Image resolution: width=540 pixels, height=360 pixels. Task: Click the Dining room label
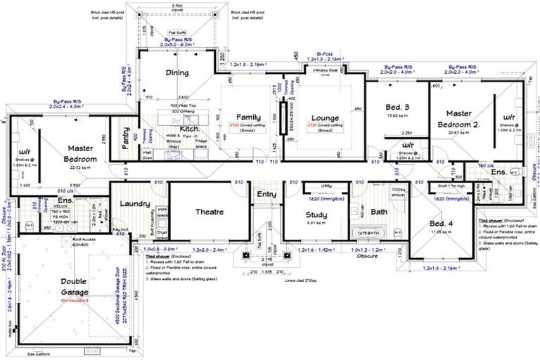pyautogui.click(x=176, y=72)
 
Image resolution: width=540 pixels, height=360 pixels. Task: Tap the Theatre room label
pyautogui.click(x=210, y=212)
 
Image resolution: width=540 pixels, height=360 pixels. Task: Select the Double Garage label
pyautogui.click(x=74, y=286)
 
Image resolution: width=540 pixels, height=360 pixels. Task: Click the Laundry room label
pyautogui.click(x=136, y=204)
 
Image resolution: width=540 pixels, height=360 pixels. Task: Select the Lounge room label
pyautogui.click(x=324, y=117)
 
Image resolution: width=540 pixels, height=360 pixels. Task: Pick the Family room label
pyautogui.click(x=248, y=117)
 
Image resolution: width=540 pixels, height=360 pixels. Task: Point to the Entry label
pyautogui.click(x=266, y=195)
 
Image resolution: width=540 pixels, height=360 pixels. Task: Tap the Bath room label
pyautogui.click(x=379, y=212)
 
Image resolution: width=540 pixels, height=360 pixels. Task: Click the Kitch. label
pyautogui.click(x=191, y=129)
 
